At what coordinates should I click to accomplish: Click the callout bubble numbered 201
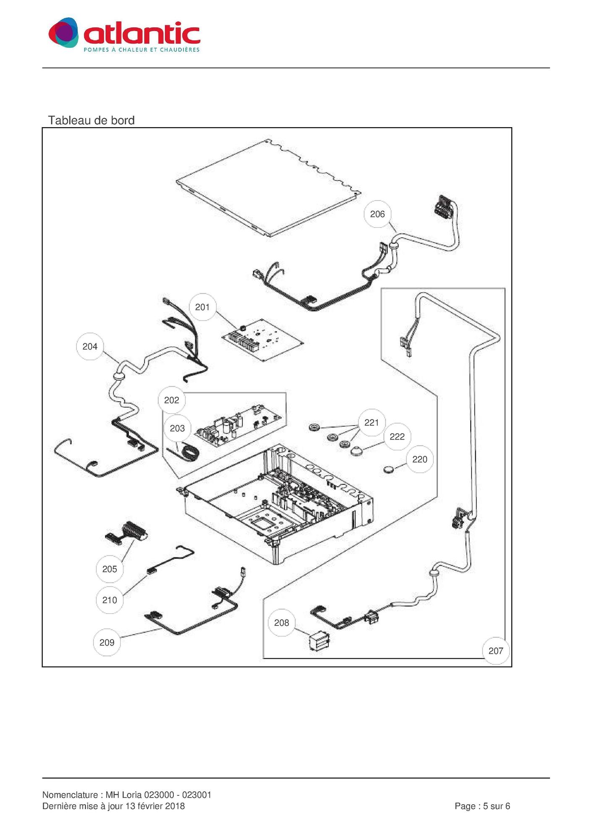click(202, 307)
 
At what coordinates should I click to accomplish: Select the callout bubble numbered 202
click(171, 400)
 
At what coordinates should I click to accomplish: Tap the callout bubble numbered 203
click(177, 428)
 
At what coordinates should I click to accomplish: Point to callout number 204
click(90, 346)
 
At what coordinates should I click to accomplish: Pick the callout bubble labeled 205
click(110, 569)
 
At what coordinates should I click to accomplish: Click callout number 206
click(377, 214)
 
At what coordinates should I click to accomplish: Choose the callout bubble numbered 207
click(495, 651)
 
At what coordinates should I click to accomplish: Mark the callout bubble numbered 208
click(281, 623)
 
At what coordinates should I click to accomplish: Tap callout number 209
click(107, 642)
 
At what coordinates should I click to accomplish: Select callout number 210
click(110, 600)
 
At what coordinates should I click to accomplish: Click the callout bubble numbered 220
click(419, 459)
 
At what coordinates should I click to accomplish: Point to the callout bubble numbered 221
click(371, 422)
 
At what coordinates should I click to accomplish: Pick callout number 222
click(397, 437)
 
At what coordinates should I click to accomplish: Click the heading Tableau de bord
click(91, 120)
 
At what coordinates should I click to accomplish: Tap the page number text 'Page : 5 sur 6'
click(482, 806)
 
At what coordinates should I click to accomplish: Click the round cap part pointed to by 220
click(390, 469)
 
